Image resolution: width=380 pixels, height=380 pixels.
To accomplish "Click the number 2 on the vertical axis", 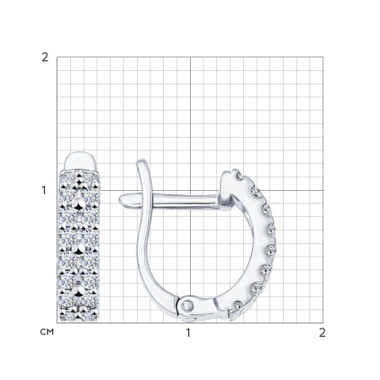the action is pos(45,57).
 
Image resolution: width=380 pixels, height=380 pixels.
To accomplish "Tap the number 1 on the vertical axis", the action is pos(44,191).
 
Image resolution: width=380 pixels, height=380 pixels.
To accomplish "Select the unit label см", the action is pos(47,332).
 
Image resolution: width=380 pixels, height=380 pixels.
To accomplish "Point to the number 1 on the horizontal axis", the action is pos(188,333).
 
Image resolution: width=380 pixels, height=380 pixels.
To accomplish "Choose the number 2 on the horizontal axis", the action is pos(323,333).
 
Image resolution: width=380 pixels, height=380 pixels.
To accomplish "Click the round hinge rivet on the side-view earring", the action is pos(187,305).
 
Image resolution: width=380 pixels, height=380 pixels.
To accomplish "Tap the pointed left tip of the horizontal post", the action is pos(119,199).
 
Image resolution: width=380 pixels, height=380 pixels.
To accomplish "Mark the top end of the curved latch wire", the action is pos(142,160).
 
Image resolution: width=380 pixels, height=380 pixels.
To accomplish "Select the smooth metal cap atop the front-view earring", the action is pos(79,161).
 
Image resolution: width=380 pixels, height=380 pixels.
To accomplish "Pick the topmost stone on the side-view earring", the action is pos(240,176).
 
